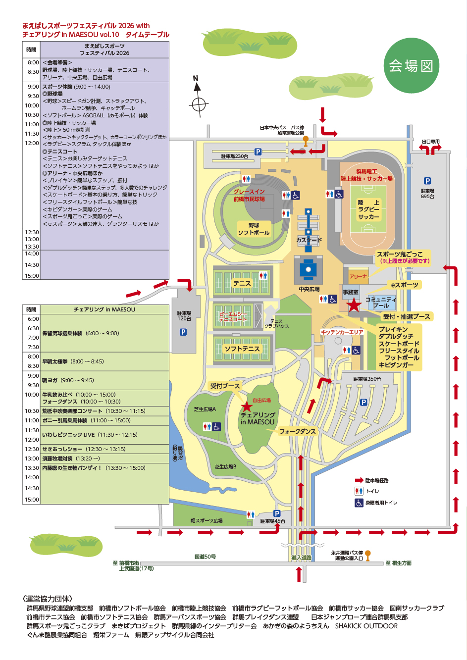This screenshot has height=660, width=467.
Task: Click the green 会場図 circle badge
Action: point(411,65)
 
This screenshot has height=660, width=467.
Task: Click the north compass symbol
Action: point(198,104)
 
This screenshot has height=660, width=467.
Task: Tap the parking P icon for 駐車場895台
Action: point(427,181)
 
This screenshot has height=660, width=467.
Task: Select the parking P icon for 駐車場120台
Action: point(183,332)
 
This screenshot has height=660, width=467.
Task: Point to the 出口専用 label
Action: point(430,142)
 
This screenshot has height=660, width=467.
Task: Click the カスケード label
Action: point(309,240)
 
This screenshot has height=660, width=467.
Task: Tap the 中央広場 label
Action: point(309,289)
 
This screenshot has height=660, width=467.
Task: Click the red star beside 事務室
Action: point(353,305)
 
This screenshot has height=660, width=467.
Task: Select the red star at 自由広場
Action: point(246,406)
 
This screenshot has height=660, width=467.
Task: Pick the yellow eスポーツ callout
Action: point(404,285)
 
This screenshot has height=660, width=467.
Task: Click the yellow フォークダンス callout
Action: point(297,431)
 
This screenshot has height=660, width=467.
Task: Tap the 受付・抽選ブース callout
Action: point(406,316)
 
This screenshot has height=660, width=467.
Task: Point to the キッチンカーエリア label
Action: point(342,332)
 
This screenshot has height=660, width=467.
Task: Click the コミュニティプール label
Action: point(381,303)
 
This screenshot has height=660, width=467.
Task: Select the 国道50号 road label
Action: point(205,557)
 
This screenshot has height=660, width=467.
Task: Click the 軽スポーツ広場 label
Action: point(207,521)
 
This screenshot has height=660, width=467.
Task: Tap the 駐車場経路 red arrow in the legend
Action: point(359,480)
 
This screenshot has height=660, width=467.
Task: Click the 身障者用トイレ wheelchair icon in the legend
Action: point(359,503)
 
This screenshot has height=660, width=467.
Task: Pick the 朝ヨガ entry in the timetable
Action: point(67,380)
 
